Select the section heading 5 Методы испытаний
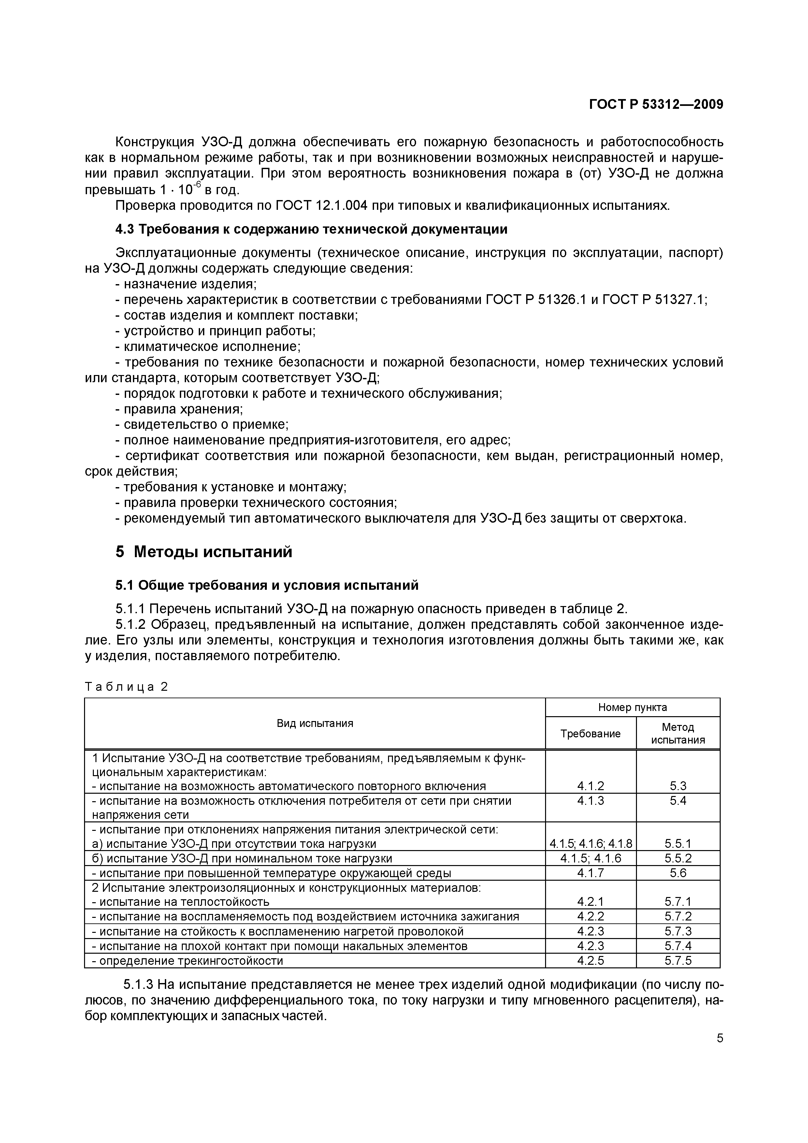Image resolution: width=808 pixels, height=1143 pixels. [x=204, y=552]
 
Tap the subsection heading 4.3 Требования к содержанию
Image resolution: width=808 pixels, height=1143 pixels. [x=311, y=229]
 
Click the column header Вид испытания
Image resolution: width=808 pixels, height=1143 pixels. [x=315, y=723]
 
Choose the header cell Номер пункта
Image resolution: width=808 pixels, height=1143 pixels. [x=632, y=707]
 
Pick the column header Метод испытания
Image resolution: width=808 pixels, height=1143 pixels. [x=678, y=733]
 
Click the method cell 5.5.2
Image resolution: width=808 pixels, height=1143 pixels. [x=678, y=858]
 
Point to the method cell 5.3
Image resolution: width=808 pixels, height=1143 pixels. [x=678, y=786]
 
